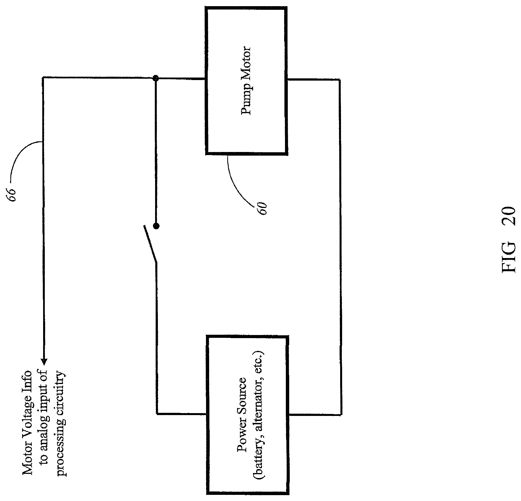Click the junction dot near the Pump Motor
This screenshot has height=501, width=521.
pos(156,79)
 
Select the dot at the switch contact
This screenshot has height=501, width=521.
pos(156,226)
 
